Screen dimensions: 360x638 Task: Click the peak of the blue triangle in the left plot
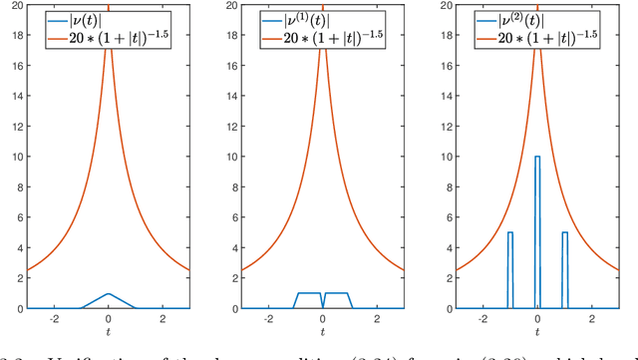click(109, 293)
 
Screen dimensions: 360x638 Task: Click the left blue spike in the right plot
click(510, 232)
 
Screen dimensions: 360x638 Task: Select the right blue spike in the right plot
click(564, 232)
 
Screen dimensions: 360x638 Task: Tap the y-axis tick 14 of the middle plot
click(228, 96)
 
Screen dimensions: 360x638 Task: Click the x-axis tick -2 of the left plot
click(53, 319)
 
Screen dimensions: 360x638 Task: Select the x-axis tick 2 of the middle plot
click(377, 319)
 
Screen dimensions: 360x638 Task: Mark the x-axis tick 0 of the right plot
click(537, 319)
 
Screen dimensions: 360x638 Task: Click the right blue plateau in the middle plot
click(337, 293)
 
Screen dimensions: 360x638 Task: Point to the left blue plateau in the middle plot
click(309, 293)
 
